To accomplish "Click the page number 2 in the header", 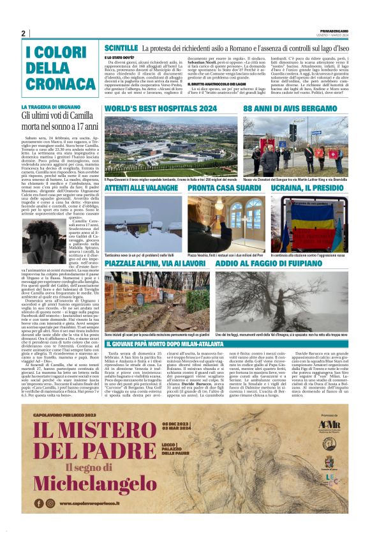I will point(23,33).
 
